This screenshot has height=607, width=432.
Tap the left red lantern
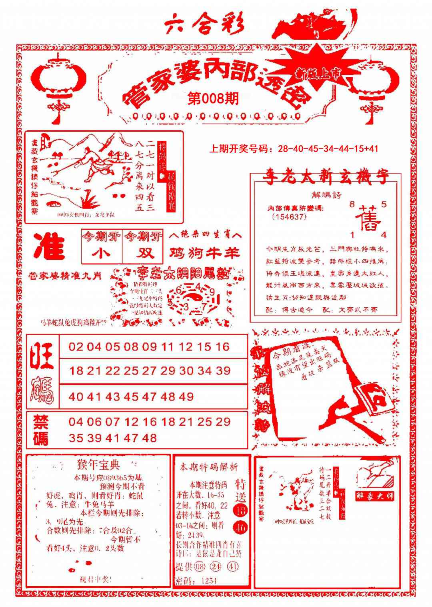click(x=59, y=80)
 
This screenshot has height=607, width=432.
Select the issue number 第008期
click(x=213, y=98)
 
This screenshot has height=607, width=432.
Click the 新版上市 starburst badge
click(x=318, y=72)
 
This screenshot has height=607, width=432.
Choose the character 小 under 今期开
click(x=101, y=253)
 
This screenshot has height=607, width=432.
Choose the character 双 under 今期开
click(x=143, y=253)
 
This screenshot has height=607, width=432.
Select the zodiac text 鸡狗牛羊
click(x=204, y=253)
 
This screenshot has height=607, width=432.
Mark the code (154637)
click(x=289, y=217)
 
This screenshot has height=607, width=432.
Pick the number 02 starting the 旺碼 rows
click(x=76, y=347)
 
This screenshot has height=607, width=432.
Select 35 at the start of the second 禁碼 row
click(x=76, y=438)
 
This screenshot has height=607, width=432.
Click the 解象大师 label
click(x=375, y=495)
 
